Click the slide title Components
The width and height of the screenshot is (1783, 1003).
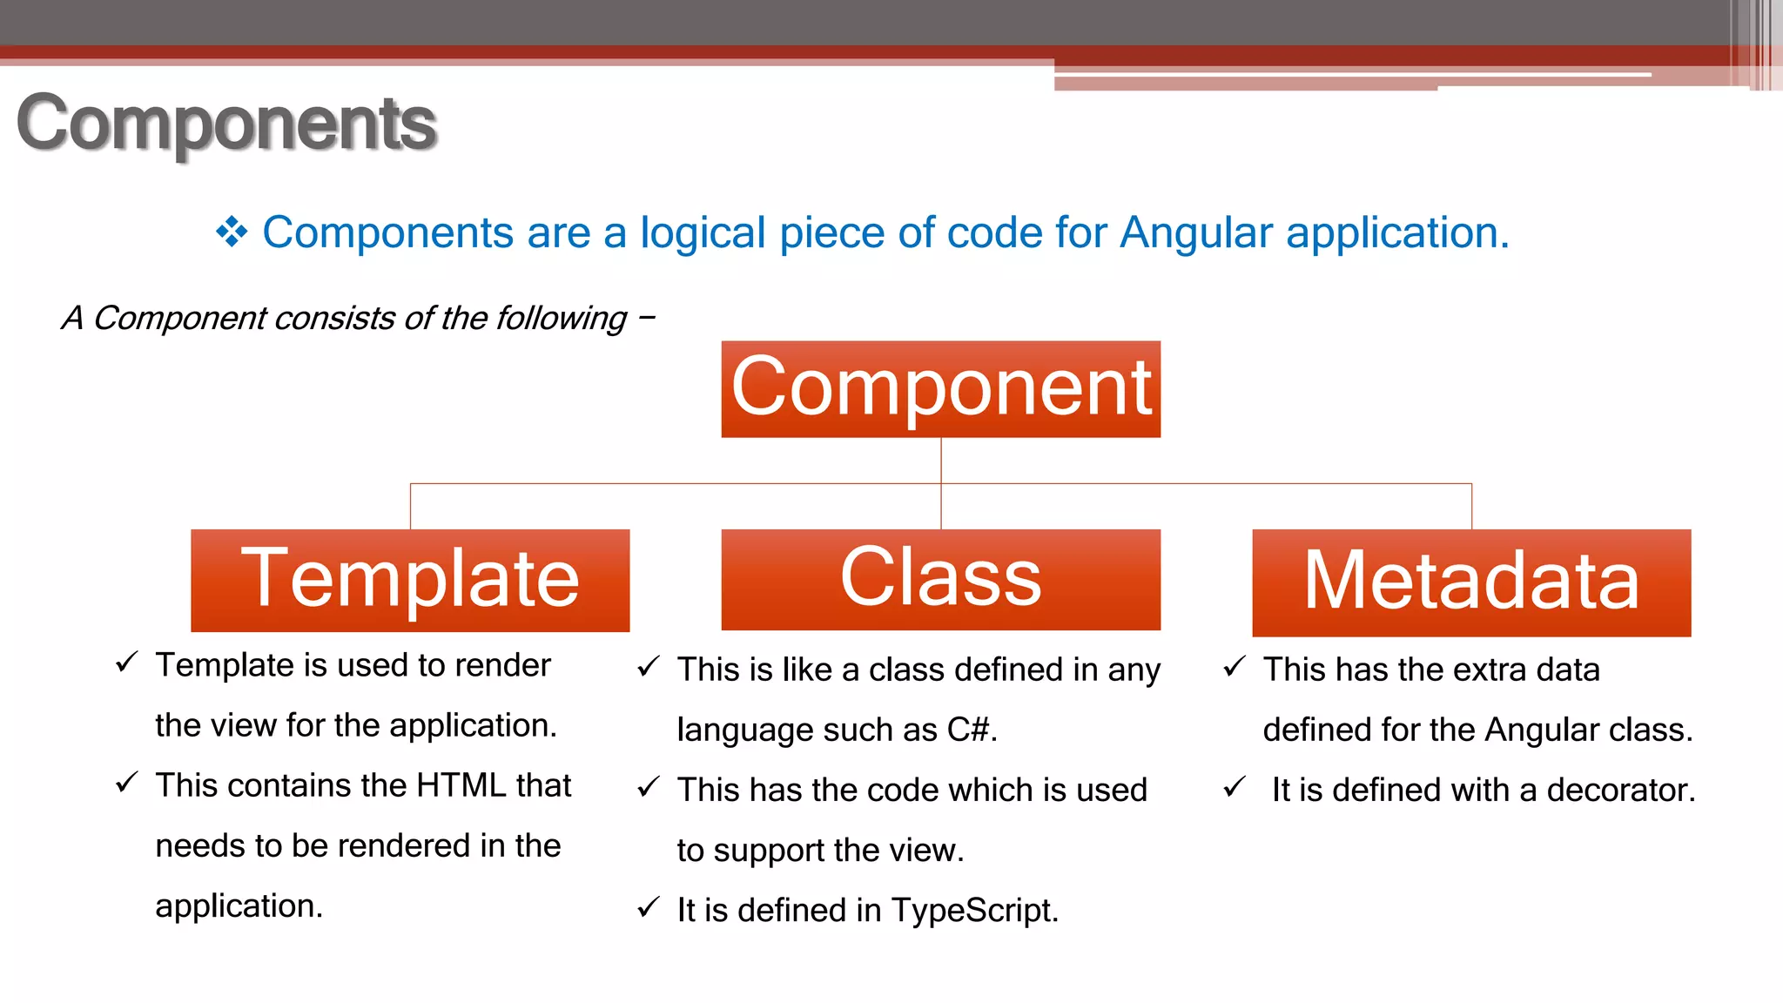point(226,124)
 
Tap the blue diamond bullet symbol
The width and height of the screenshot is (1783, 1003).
point(232,232)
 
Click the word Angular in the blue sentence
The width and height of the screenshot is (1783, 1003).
point(1196,232)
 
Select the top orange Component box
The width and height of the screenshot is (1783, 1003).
point(940,388)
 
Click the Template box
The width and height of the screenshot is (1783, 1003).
point(410,580)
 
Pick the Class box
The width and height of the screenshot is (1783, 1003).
point(940,579)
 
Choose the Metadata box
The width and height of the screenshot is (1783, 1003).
point(1471,582)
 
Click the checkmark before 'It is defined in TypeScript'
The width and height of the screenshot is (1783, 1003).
point(649,908)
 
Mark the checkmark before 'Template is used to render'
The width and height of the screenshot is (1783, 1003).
point(127,663)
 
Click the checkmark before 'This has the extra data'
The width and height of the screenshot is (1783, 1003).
point(1235,667)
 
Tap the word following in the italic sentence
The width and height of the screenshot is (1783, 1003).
point(561,319)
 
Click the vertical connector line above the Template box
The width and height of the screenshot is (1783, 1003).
point(410,506)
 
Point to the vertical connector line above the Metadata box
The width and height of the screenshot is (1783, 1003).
point(1471,506)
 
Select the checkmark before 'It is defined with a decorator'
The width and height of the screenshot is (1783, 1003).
point(1235,787)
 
